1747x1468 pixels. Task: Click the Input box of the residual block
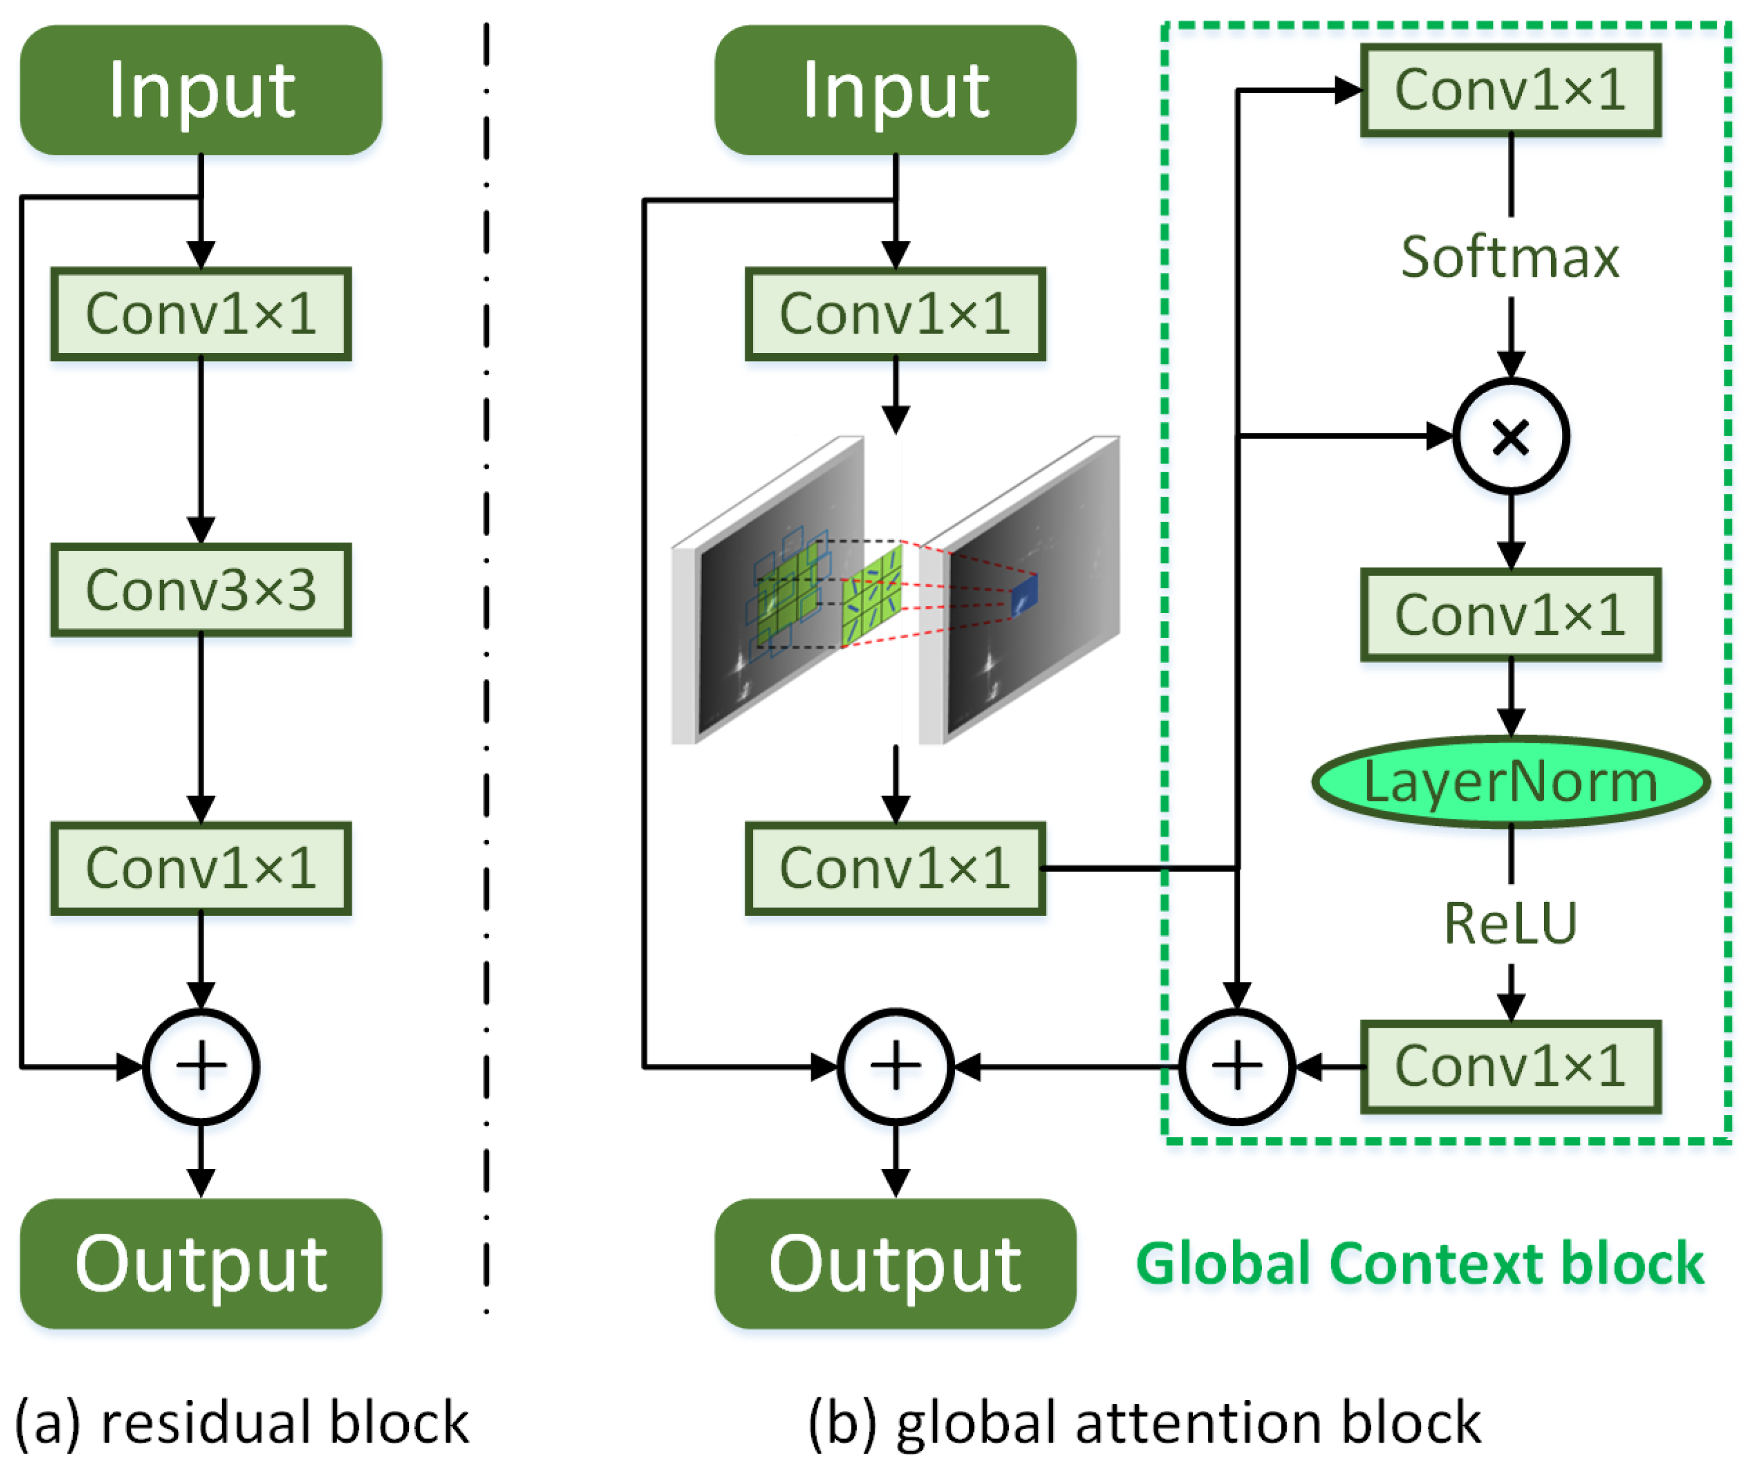tap(201, 90)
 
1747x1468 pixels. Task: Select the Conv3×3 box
tap(201, 590)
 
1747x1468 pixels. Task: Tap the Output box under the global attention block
tap(895, 1263)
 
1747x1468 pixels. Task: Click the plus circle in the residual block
tap(201, 1066)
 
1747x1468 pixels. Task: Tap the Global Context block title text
tap(1419, 1263)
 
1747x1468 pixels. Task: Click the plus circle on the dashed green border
tap(1237, 1066)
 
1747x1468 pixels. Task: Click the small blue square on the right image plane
tap(1024, 596)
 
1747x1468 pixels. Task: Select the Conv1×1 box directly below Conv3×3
tap(201, 868)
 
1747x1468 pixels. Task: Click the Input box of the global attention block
tap(895, 90)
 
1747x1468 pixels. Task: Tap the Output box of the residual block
tap(201, 1263)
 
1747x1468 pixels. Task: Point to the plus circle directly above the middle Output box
tap(895, 1066)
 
